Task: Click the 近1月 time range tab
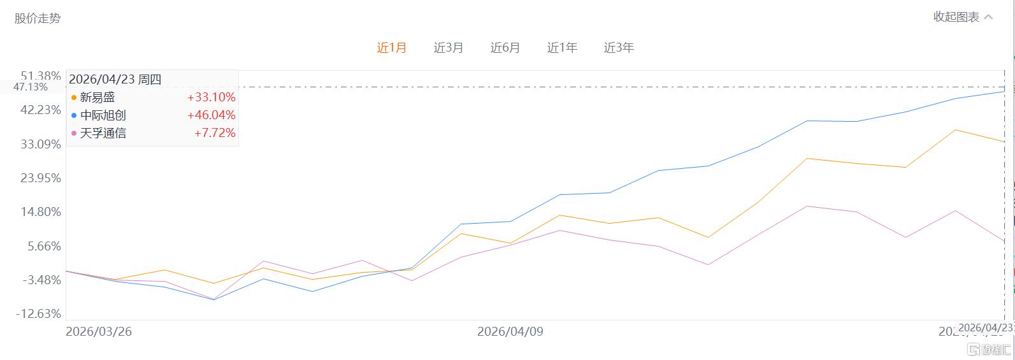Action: [391, 48]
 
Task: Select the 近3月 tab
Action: [449, 48]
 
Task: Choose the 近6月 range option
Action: [505, 48]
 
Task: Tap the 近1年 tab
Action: [562, 48]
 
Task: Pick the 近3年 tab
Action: [619, 48]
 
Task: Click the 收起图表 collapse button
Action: [963, 17]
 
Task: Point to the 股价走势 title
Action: [38, 18]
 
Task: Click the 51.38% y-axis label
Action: [41, 76]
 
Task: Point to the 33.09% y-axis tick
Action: [41, 144]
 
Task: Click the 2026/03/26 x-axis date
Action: [99, 332]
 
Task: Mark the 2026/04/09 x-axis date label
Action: [510, 332]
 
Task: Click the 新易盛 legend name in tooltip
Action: [97, 97]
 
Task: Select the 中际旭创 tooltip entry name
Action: [103, 115]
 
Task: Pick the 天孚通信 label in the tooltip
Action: [103, 133]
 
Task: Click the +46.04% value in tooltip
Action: [211, 115]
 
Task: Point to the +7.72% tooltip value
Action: [215, 133]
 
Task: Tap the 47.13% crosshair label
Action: [31, 87]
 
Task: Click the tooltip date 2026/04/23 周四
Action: [115, 80]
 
